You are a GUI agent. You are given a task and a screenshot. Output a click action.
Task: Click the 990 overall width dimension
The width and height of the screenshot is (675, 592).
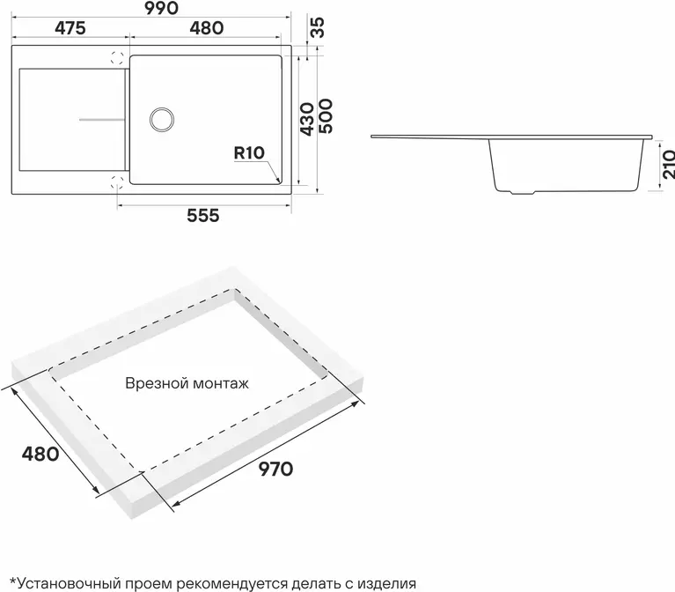(x=161, y=8)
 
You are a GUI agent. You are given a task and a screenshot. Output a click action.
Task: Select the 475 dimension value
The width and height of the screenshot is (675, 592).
(x=70, y=28)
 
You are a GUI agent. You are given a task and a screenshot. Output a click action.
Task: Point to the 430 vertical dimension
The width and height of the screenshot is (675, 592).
(x=306, y=119)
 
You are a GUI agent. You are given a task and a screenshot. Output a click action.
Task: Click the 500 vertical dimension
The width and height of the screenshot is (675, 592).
(x=326, y=116)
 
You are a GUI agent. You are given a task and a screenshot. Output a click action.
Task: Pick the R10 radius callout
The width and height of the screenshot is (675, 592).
(x=249, y=153)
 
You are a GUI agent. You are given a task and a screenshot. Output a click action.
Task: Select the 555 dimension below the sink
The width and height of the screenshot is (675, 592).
(x=203, y=216)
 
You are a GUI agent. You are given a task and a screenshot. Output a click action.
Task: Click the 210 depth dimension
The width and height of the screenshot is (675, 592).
(x=669, y=164)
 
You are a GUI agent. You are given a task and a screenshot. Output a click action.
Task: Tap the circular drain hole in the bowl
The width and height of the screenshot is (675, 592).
(x=162, y=119)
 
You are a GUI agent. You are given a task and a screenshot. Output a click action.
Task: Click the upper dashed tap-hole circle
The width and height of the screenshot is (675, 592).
(x=118, y=58)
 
